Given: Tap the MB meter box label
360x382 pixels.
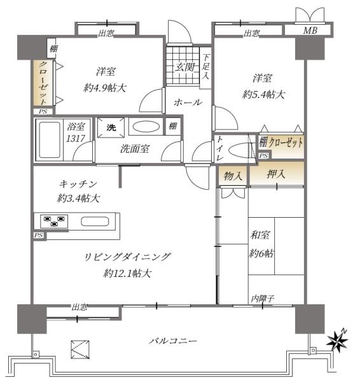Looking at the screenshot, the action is tap(310, 31).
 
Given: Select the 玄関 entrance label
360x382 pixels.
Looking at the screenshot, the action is tap(185, 67).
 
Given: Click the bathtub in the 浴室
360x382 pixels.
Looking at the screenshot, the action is tap(50, 139).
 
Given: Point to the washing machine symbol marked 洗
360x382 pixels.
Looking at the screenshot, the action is tap(111, 127).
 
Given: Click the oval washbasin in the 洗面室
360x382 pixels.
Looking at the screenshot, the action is tap(146, 127).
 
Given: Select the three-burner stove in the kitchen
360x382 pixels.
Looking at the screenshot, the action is tap(54, 221).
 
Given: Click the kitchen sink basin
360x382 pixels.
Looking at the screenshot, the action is tap(95, 221).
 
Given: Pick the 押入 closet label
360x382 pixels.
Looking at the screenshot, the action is tap(276, 174).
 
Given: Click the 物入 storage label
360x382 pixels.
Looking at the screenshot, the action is tap(233, 176).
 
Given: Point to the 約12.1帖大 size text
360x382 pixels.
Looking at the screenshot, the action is tap(127, 273).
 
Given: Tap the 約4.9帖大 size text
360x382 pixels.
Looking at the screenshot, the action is tap(105, 88).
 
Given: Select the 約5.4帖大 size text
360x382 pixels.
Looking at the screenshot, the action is tap(263, 94).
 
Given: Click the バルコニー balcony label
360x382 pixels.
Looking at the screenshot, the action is tap(173, 341).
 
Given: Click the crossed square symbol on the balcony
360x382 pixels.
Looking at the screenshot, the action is tap(80, 350).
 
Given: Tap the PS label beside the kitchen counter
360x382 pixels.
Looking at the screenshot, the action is tap(39, 236).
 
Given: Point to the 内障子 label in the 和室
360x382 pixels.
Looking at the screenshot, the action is tap(263, 298).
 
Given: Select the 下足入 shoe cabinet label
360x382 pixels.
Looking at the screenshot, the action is tap(205, 66).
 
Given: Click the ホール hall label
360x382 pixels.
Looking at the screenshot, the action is tap(188, 103).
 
